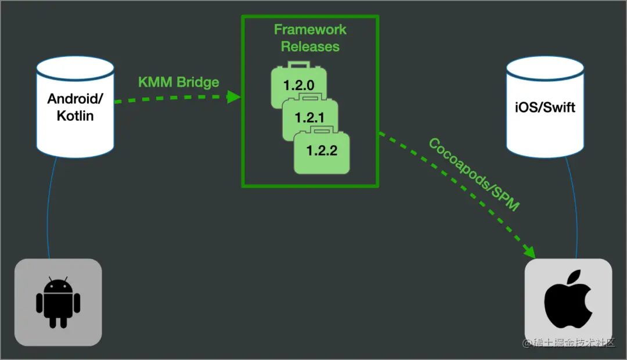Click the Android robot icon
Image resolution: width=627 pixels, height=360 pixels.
pyautogui.click(x=58, y=303)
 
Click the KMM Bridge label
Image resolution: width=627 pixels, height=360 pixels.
pyautogui.click(x=178, y=82)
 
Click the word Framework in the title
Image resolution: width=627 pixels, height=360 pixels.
pyautogui.click(x=310, y=30)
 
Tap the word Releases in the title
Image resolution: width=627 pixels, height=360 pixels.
pyautogui.click(x=310, y=46)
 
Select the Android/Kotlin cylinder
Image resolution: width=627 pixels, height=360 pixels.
pyautogui.click(x=75, y=107)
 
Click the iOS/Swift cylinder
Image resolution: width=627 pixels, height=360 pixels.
pyautogui.click(x=545, y=107)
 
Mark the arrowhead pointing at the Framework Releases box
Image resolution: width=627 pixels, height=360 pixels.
pyautogui.click(x=233, y=96)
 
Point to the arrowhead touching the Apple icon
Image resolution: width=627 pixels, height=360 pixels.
pyautogui.click(x=529, y=252)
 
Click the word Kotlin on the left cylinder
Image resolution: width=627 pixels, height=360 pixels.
pyautogui.click(x=75, y=116)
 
